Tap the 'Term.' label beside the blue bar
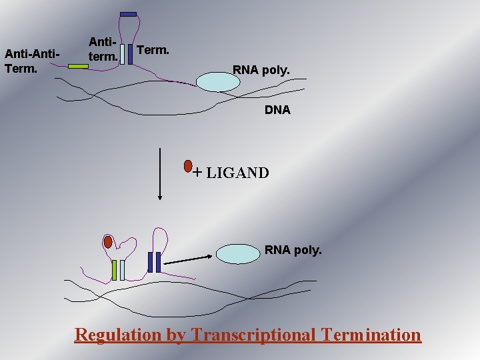[x=153, y=50]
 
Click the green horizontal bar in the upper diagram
[x=78, y=66]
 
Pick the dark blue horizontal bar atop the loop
[x=129, y=14]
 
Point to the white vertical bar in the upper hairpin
[x=123, y=54]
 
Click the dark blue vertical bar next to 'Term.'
[x=130, y=54]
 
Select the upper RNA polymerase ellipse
[x=217, y=81]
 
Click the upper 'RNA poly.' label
[x=261, y=69]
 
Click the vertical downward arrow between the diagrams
[x=160, y=173]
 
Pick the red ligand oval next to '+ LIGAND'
[x=188, y=165]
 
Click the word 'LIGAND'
[x=237, y=173]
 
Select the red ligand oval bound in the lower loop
[x=108, y=242]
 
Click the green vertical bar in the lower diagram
[x=115, y=270]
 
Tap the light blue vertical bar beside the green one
[x=122, y=270]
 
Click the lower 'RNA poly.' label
[x=293, y=251]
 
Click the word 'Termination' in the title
[x=371, y=334]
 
